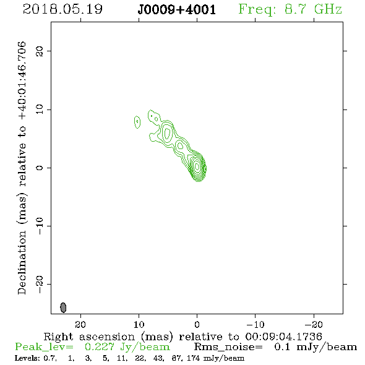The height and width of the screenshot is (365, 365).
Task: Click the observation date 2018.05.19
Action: (62, 9)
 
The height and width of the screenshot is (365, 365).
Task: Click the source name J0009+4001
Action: (177, 10)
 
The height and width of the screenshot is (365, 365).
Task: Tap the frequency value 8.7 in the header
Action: (296, 9)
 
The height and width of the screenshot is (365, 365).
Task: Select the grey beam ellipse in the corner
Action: (63, 307)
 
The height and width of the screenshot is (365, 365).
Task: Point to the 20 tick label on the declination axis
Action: (40, 51)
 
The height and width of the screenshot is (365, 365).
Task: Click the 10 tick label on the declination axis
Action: (40, 109)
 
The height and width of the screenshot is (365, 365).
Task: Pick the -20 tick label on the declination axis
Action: (40, 285)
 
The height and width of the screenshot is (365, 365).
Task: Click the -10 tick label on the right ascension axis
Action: (255, 325)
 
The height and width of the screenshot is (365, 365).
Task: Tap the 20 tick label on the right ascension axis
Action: (80, 325)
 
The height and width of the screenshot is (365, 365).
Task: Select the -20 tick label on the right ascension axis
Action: (314, 325)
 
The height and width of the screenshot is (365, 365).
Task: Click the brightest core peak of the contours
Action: (197, 166)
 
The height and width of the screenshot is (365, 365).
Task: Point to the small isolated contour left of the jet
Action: (137, 122)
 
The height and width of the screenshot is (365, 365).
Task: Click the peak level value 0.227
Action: (100, 347)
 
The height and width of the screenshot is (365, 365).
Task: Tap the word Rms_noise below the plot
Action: (228, 347)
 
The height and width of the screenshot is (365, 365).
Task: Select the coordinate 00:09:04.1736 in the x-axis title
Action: (283, 337)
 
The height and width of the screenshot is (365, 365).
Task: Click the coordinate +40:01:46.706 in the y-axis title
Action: (22, 81)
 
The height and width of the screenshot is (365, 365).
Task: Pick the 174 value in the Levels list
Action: (194, 358)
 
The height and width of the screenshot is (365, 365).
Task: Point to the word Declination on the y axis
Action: (22, 262)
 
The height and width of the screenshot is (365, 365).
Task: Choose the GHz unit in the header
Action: (328, 9)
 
